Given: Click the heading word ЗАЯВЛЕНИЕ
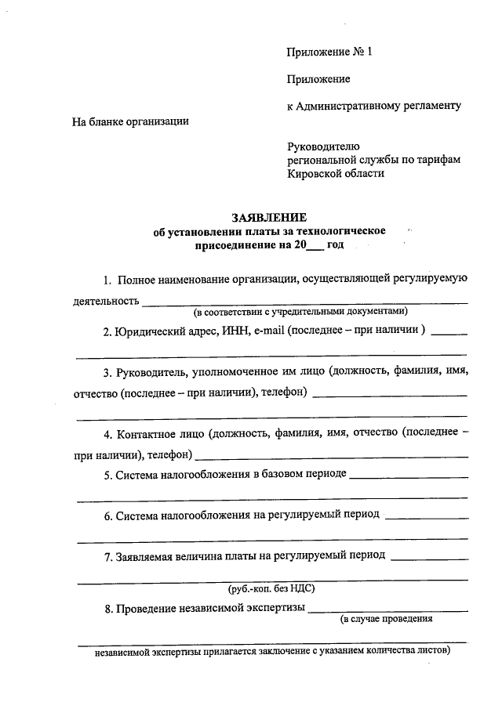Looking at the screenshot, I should [x=269, y=217].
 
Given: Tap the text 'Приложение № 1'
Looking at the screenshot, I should [x=328, y=52].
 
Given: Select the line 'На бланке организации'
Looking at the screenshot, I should [x=130, y=121].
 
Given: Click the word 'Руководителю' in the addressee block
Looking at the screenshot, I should [x=323, y=146].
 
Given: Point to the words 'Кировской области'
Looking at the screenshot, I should [x=336, y=173].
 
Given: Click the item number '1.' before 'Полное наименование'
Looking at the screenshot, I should [x=107, y=280].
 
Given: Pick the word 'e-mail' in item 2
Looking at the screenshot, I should [x=268, y=331].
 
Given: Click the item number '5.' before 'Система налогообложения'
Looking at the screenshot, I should [x=107, y=474].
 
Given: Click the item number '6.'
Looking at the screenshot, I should [x=107, y=515].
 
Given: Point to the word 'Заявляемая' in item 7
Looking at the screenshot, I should [x=145, y=556].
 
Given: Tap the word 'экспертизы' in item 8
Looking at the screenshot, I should [x=271, y=609].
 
